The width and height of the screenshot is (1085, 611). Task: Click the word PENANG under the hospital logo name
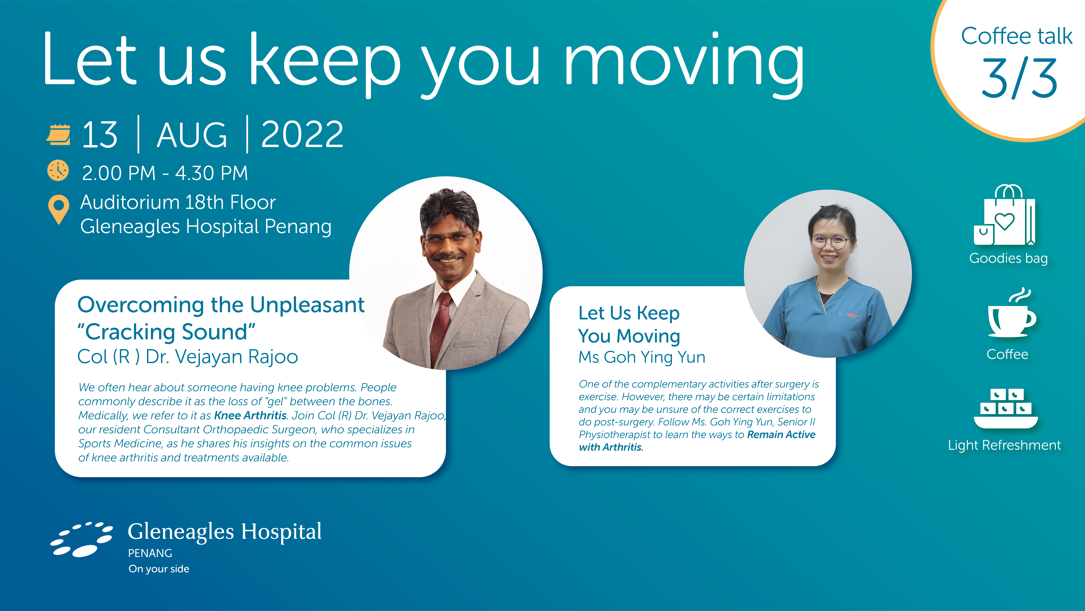click(x=150, y=553)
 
